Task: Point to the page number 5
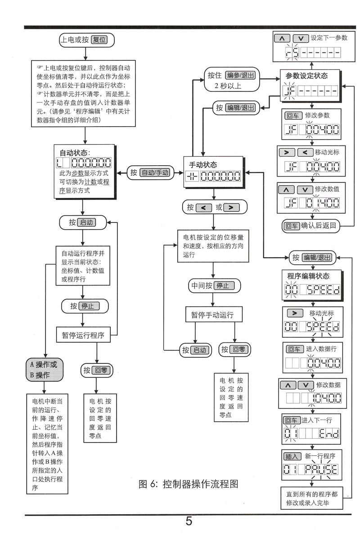pyautogui.click(x=189, y=522)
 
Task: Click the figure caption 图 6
pyautogui.click(x=188, y=484)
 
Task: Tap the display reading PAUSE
pyautogui.click(x=321, y=470)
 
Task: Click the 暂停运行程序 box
pyautogui.click(x=83, y=336)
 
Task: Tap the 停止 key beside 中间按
pyautogui.click(x=225, y=286)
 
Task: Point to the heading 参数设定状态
pyautogui.click(x=306, y=76)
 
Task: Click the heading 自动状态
pyautogui.click(x=74, y=153)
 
